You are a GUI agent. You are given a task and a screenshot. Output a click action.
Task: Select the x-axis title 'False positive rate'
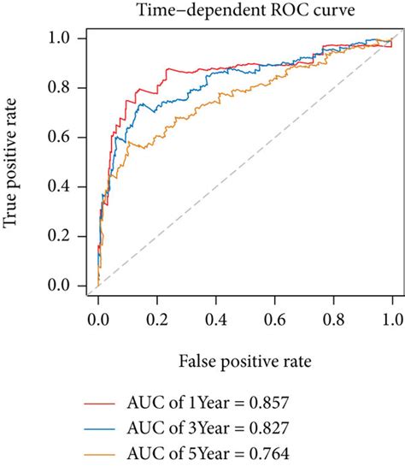pos(245,362)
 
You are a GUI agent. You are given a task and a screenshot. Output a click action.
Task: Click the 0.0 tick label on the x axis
pos(98,320)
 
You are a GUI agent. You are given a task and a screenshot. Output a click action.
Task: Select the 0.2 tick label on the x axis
pos(157,320)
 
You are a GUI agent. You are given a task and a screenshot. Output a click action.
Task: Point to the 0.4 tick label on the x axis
pos(216,320)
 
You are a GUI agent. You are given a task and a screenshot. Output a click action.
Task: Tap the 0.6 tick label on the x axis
pos(275,320)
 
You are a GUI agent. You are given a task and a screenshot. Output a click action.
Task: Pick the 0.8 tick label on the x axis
pos(334,320)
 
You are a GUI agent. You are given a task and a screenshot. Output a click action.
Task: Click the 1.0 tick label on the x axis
pos(392,320)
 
